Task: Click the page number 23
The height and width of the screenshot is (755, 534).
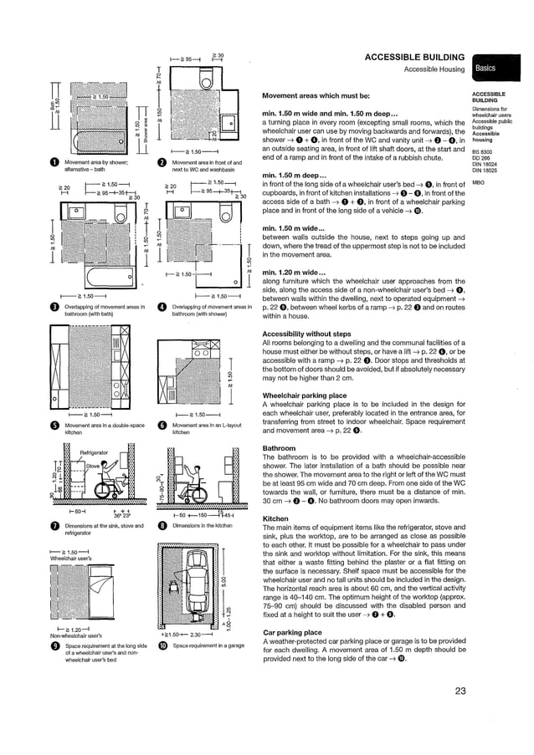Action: tap(460, 691)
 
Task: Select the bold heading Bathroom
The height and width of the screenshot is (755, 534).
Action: tap(279, 448)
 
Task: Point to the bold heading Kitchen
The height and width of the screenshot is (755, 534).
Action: tap(275, 518)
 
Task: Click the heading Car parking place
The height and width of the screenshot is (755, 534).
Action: tap(292, 632)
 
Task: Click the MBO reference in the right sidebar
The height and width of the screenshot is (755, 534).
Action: tap(479, 182)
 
